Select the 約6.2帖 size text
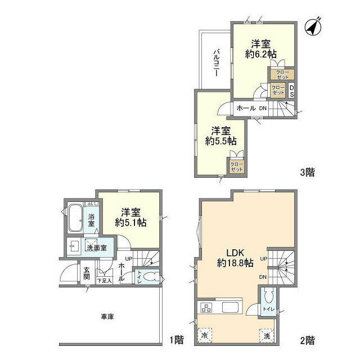point(260,55)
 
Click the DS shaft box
point(291,91)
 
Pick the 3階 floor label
point(307,173)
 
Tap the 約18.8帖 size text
point(236,262)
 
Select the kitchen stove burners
point(206,308)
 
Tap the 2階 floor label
point(307,340)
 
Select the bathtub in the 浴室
point(75,218)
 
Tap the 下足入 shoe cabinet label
point(104,280)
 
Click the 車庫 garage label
point(107,317)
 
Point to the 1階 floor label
point(176,340)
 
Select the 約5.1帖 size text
point(130,223)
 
